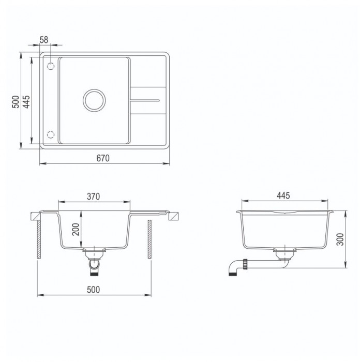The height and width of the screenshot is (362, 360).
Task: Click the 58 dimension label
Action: (x=44, y=40)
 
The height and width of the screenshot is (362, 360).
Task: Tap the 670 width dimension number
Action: (x=103, y=158)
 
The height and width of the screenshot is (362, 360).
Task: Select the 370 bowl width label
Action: (x=93, y=197)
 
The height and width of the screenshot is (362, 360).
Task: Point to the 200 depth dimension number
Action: (x=76, y=229)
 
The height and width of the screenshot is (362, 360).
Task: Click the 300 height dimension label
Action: (x=340, y=239)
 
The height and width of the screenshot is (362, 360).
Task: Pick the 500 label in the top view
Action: (x=16, y=102)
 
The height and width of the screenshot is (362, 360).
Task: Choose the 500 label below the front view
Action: (x=93, y=290)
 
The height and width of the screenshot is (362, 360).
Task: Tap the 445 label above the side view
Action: (x=283, y=195)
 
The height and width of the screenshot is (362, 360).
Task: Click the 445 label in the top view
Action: (x=26, y=102)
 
